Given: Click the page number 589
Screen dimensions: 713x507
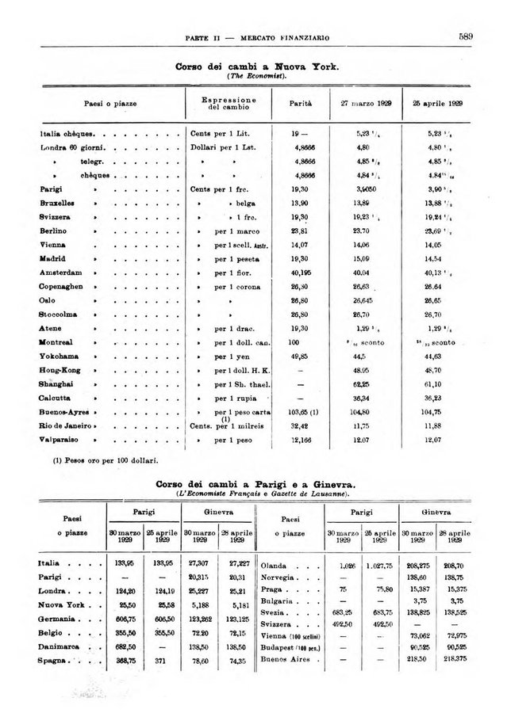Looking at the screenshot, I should [465, 36].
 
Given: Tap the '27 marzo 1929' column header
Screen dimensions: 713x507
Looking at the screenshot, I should [362, 103].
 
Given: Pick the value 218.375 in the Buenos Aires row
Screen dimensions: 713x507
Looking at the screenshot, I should [455, 660].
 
